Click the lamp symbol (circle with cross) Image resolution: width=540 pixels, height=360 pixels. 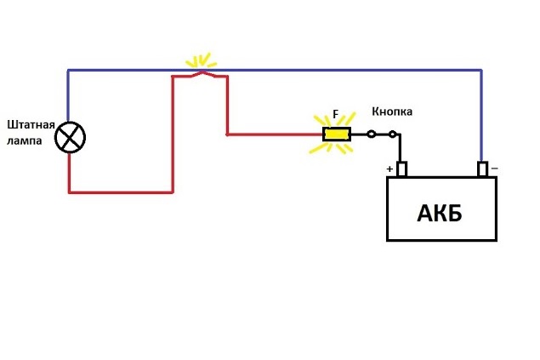click(69, 137)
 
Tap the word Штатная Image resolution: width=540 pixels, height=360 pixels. click(31, 124)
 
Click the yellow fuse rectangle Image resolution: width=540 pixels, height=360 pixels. click(337, 134)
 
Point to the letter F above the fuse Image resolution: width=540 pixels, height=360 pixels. click(336, 113)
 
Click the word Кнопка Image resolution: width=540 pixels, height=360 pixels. click(392, 112)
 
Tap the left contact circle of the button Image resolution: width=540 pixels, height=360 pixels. click(371, 134)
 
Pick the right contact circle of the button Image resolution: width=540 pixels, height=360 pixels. click(393, 134)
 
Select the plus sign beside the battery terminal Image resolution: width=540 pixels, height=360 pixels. click(389, 169)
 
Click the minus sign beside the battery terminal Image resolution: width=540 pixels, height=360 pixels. click(493, 169)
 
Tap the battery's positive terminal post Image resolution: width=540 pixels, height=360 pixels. click(402, 169)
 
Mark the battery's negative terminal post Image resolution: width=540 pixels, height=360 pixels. click(482, 169)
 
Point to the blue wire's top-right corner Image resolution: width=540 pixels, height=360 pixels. click(481, 70)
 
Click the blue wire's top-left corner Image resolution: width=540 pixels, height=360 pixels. click(68, 70)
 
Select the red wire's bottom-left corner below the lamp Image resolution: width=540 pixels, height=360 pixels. click(69, 192)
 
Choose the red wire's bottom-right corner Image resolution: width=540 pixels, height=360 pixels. click(173, 192)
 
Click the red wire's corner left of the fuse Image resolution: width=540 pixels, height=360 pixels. click(227, 134)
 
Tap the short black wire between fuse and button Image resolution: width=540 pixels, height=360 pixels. click(359, 134)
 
